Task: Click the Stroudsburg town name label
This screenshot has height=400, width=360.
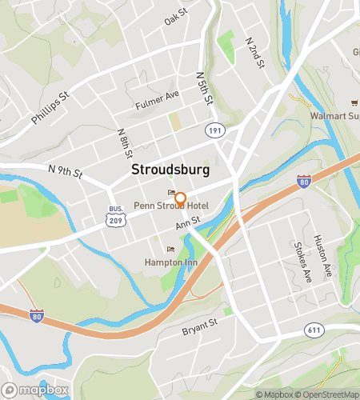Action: point(170,170)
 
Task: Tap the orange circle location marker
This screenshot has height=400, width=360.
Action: point(181,198)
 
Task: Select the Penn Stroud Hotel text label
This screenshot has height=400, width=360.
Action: point(171,206)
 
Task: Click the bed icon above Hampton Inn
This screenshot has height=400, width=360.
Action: point(169,248)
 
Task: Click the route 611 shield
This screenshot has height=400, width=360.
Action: point(314,330)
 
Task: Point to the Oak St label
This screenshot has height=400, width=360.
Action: point(175,17)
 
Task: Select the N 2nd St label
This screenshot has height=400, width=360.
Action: point(254,51)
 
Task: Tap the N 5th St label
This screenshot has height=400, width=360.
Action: point(205,87)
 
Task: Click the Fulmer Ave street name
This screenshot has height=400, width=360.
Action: point(157,99)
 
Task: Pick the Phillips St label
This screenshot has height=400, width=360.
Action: point(51,106)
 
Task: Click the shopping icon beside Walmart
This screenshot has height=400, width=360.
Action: point(352,102)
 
